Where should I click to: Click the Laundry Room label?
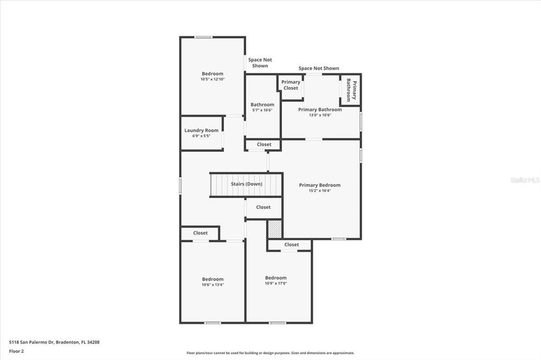201,130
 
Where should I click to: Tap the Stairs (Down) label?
246,184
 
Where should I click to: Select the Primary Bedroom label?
320,185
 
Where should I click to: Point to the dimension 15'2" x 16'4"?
320,191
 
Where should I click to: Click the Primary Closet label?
291,85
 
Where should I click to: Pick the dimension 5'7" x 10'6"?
262,110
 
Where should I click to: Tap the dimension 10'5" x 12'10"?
212,79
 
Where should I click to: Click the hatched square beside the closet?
274,229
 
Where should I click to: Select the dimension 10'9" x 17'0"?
276,283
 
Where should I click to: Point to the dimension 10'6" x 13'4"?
212,285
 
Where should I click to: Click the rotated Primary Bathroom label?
351,90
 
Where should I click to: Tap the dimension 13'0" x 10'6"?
320,115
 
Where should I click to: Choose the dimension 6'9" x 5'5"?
201,136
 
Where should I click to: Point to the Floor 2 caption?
16,350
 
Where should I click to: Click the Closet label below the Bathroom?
264,145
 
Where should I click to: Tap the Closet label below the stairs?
263,207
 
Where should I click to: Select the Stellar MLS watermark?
525,180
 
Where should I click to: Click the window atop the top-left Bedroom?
203,37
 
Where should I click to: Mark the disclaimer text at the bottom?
270,353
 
